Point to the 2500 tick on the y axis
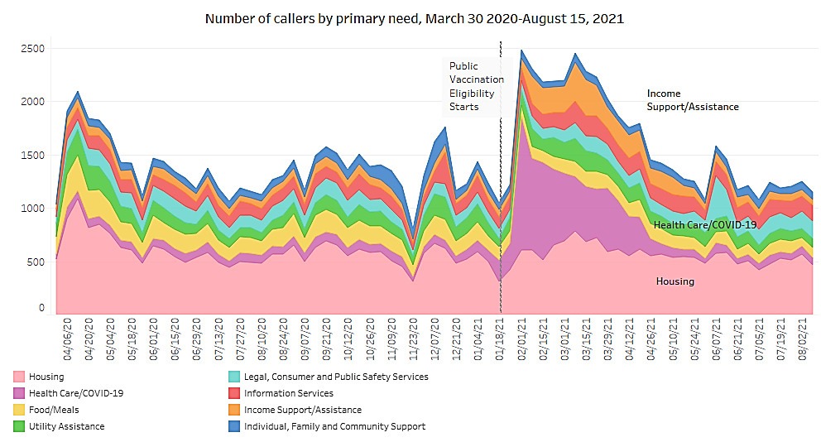click(33, 49)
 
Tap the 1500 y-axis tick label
click(33, 155)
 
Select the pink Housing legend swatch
click(18, 377)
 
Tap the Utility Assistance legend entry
click(66, 426)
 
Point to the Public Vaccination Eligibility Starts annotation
click(475, 86)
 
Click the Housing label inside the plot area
click(675, 281)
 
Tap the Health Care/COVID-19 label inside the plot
click(704, 224)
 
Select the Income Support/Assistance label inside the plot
click(692, 100)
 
